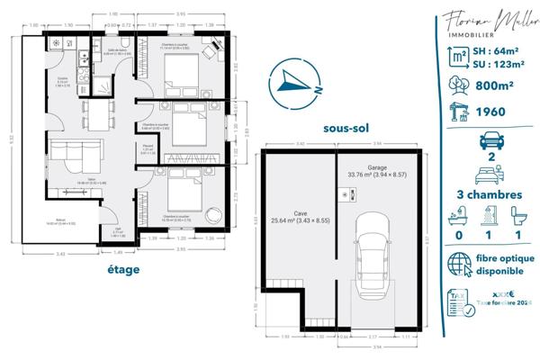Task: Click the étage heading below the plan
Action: (x=121, y=269)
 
